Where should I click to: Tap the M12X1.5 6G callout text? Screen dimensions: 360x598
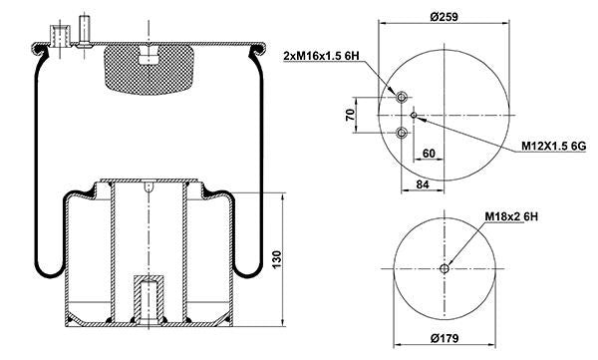click(557, 148)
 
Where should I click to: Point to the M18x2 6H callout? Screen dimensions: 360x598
click(511, 216)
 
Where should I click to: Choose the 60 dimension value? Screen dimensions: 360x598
click(429, 154)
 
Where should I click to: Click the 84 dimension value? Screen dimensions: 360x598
click(423, 183)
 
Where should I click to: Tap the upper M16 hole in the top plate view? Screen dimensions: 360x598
click(402, 98)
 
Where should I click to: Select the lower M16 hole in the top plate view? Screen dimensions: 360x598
click(402, 133)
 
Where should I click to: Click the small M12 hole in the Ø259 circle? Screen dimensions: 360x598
click(417, 116)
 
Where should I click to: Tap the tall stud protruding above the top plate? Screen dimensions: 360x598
click(84, 29)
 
